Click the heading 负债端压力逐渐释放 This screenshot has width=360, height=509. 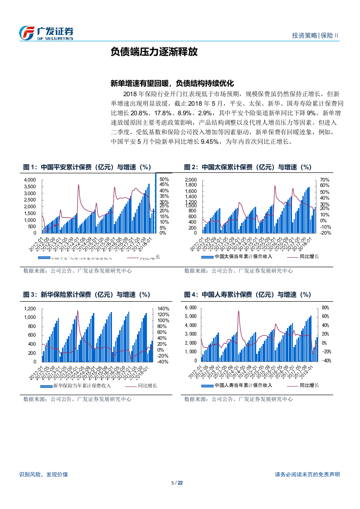(154, 52)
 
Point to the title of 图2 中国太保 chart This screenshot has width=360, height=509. (248, 167)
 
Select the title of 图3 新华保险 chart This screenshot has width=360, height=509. (87, 295)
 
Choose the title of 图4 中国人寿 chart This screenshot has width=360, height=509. (248, 295)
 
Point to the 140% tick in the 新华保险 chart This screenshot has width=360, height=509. (163, 308)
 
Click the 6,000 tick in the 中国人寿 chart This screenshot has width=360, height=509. (191, 308)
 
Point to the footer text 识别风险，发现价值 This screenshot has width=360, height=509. (44, 475)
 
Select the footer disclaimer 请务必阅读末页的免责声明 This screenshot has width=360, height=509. (307, 475)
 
